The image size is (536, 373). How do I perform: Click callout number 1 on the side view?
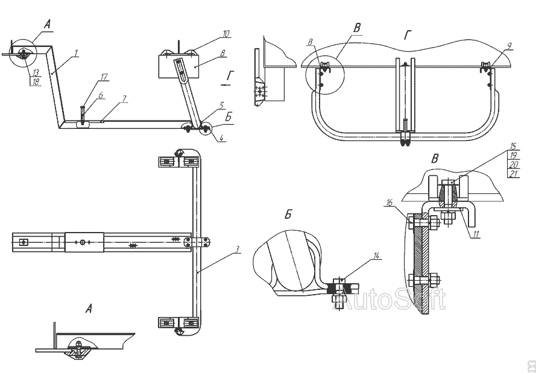77,52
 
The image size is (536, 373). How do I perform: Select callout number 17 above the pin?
104,77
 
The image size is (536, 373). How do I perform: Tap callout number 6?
101,95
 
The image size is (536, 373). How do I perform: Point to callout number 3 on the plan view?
238,248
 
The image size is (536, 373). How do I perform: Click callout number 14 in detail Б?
376,255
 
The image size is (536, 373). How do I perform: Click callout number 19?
513,155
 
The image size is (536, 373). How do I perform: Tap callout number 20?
513,165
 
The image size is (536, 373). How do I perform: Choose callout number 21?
513,174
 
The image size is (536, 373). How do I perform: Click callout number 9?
509,45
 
